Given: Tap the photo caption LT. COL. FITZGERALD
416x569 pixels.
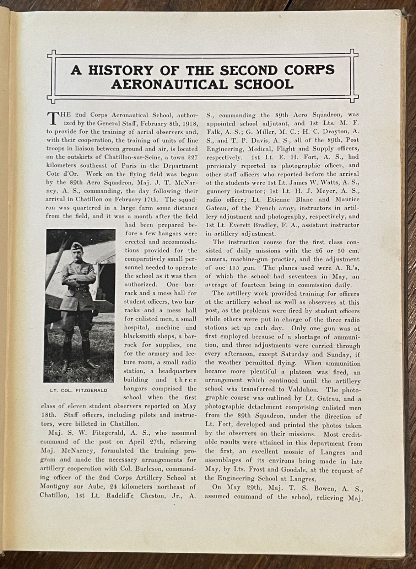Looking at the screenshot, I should click(79, 390).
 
